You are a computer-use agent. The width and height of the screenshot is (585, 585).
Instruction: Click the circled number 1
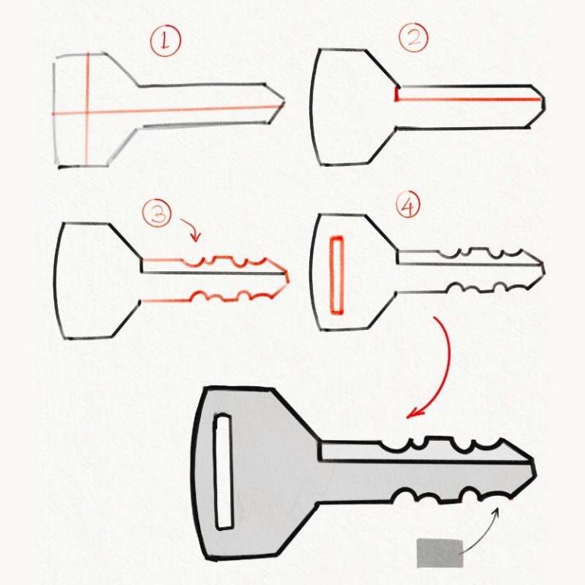(165, 41)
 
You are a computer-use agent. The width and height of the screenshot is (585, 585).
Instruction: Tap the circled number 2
(413, 37)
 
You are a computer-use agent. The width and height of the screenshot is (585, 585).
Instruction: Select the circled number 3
(157, 214)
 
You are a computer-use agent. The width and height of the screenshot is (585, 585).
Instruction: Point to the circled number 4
(408, 206)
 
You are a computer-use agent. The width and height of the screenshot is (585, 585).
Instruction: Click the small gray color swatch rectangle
(440, 552)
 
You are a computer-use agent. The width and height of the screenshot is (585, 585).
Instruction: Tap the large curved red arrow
(440, 366)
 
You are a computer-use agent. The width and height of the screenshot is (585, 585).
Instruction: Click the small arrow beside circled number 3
(190, 228)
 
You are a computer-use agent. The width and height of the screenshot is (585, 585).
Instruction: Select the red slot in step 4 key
(336, 275)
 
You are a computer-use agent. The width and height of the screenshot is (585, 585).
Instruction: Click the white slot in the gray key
(223, 472)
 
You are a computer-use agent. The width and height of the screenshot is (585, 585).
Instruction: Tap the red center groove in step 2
(468, 99)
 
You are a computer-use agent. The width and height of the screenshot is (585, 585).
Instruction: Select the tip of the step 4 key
(542, 267)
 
